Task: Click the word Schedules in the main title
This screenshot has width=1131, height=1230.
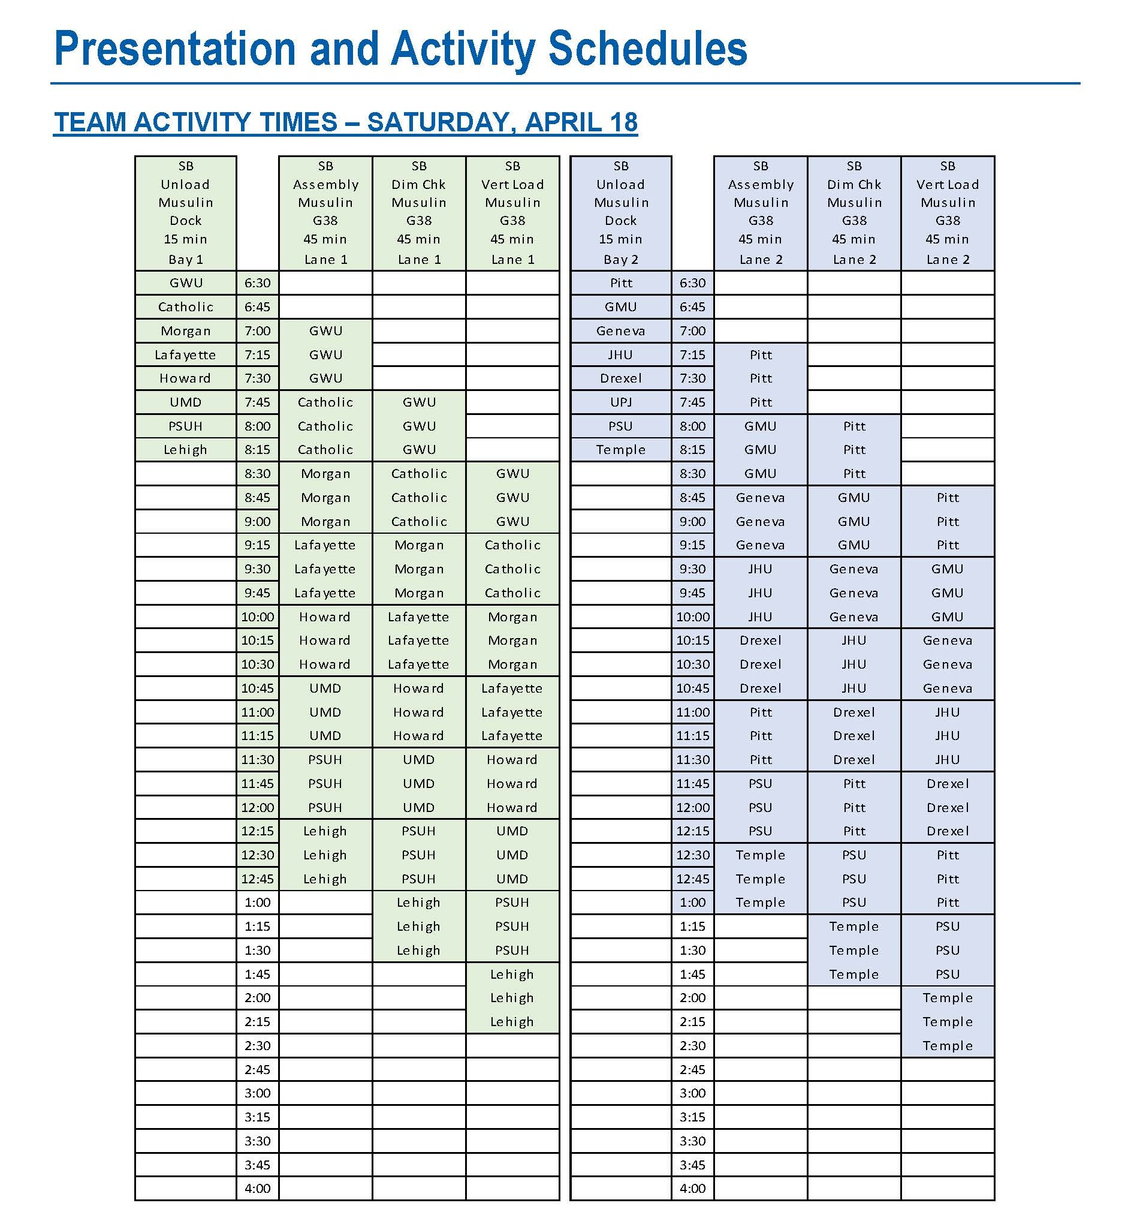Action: point(647,49)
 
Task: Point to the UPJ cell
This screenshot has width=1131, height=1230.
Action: point(620,402)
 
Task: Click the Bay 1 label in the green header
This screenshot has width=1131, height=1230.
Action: point(185,260)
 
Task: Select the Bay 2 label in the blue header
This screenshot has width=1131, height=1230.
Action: point(620,260)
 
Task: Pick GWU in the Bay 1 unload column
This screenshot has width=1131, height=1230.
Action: point(185,283)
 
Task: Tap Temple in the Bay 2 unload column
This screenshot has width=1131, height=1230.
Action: point(620,449)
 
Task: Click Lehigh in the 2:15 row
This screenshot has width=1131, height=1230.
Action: point(512,1021)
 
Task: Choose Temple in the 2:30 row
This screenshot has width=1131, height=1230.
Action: point(948,1045)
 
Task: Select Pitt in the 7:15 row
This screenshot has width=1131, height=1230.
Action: point(761,354)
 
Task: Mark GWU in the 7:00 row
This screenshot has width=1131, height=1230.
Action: point(325,330)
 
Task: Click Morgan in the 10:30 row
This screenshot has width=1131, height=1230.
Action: point(512,664)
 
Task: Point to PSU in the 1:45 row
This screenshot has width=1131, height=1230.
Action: point(948,974)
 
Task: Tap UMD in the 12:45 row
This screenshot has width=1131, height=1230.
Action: point(512,879)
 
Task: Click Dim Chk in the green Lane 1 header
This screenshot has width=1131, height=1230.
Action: point(419,184)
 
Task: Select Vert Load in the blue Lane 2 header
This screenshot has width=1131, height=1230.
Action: point(948,184)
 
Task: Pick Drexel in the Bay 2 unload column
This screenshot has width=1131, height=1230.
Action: point(620,378)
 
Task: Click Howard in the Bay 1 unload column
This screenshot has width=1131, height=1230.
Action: point(185,378)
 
